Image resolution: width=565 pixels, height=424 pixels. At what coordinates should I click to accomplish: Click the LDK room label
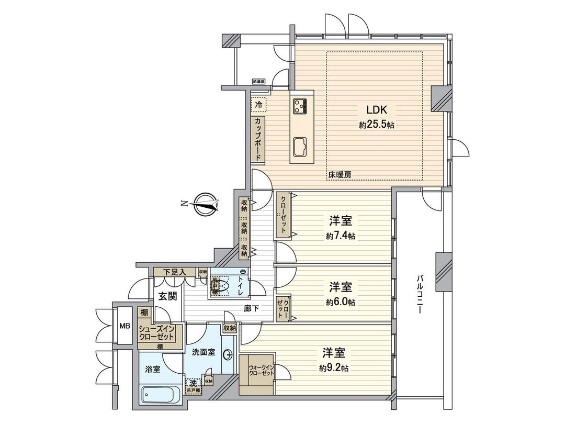point(376,110)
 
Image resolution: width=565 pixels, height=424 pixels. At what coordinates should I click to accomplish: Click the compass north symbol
point(205,204)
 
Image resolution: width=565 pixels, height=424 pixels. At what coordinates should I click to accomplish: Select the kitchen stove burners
point(300,106)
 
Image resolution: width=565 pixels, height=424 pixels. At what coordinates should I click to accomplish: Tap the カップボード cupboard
point(258,139)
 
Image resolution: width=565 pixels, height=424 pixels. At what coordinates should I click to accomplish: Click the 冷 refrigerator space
point(258,105)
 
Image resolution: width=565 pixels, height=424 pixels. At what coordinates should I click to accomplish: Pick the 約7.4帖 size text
point(341,236)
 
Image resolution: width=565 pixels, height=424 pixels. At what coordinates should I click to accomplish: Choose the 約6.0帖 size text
point(341,302)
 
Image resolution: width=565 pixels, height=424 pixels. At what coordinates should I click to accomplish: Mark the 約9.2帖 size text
point(334,368)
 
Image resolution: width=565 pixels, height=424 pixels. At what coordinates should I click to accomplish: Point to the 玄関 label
point(167,296)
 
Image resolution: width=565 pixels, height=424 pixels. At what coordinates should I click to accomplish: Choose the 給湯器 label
point(259,82)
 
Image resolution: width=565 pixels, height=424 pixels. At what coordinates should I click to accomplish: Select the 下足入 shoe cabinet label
point(175,272)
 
